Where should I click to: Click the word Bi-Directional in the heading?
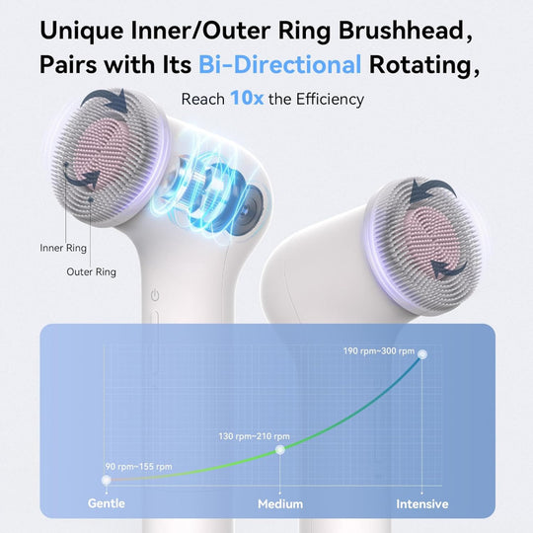(x=279, y=65)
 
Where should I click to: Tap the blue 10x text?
(x=245, y=99)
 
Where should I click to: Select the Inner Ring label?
(x=60, y=247)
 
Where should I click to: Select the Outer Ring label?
(x=92, y=271)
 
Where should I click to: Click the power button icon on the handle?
(x=154, y=294)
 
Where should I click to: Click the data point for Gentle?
(x=106, y=480)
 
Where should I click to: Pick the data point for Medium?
(x=280, y=449)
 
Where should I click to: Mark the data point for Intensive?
(x=422, y=353)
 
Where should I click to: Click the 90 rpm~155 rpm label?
(x=138, y=466)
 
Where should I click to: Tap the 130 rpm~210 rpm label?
(x=255, y=435)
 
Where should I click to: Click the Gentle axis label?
(x=106, y=503)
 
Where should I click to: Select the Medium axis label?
(x=280, y=503)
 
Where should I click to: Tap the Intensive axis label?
(x=422, y=503)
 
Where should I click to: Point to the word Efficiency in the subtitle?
(x=316, y=99)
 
